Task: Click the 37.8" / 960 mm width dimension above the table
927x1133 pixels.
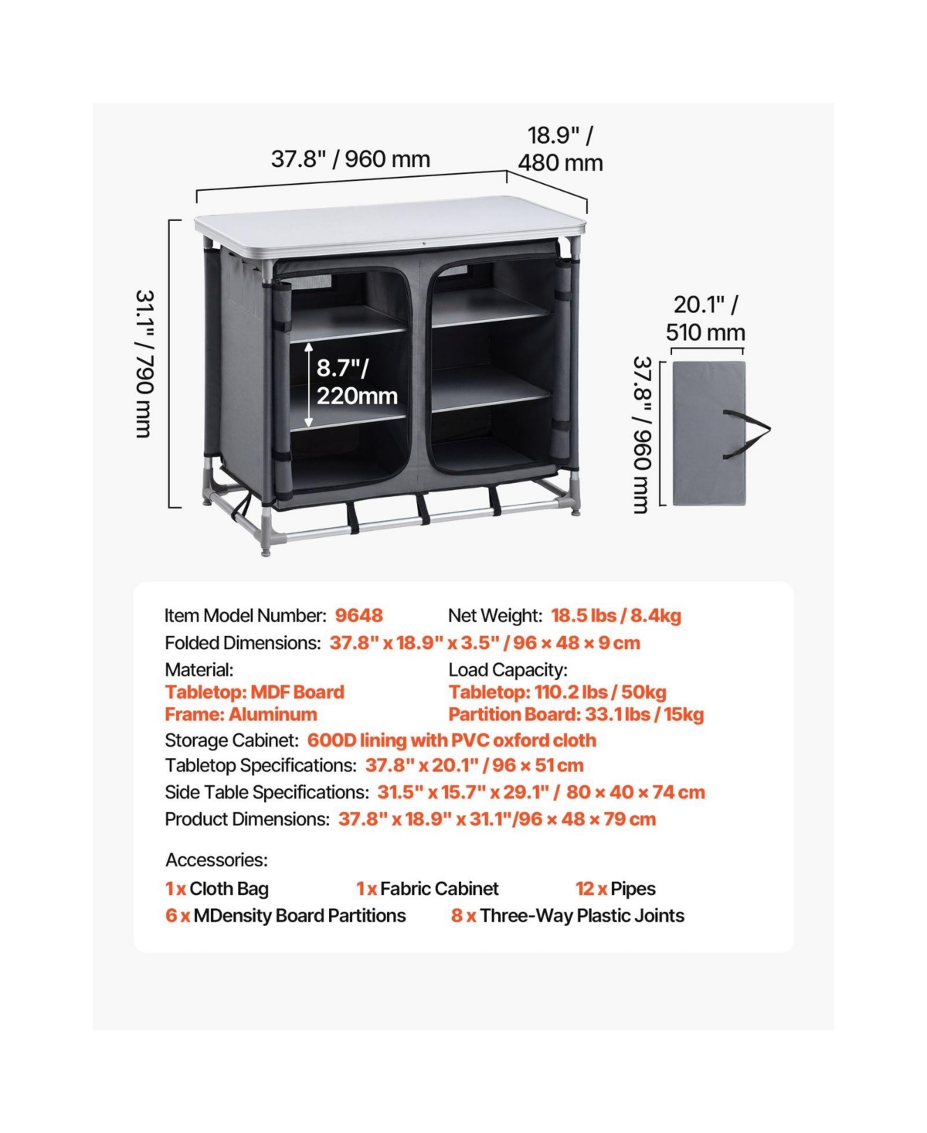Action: click(x=350, y=159)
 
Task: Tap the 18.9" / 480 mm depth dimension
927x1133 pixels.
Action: click(x=560, y=149)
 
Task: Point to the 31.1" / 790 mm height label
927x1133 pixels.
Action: click(x=145, y=364)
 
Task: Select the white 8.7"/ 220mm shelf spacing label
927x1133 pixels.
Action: click(x=357, y=382)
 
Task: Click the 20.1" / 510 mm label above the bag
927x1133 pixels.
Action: click(x=705, y=318)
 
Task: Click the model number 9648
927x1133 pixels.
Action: click(x=358, y=615)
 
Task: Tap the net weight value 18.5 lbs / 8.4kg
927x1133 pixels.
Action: click(x=616, y=615)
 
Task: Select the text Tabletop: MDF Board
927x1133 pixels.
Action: click(x=255, y=692)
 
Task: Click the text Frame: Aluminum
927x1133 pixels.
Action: click(x=240, y=715)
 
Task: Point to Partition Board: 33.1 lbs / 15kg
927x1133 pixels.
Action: click(x=576, y=715)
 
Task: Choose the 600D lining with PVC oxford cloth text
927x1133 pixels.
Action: click(x=452, y=740)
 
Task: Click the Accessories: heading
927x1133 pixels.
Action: click(x=216, y=860)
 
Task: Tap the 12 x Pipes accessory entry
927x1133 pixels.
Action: click(x=616, y=889)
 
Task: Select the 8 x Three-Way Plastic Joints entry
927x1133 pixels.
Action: click(x=568, y=916)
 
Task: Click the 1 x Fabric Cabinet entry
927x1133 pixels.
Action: click(x=427, y=889)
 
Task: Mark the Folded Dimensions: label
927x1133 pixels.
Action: click(x=243, y=643)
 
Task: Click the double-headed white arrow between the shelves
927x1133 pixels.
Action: click(x=308, y=385)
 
